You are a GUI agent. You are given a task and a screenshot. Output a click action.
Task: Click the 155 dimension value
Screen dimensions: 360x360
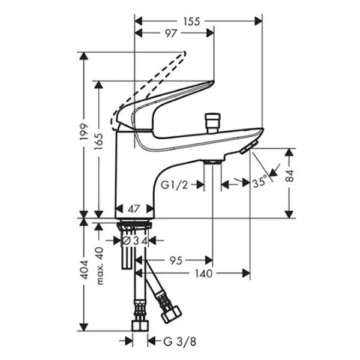coord(192,22)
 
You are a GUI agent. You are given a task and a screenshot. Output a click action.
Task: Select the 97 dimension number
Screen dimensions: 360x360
coord(170,34)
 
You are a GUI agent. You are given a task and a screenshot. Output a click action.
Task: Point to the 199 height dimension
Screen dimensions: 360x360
coord(84,133)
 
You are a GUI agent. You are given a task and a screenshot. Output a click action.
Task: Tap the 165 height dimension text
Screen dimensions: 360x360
coord(99,142)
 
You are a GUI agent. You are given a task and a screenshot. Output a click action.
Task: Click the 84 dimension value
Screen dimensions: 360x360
coord(290,176)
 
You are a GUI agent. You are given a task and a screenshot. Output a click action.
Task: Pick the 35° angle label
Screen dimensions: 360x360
coord(260,181)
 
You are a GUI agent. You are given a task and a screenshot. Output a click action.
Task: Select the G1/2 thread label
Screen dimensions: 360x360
coord(174,185)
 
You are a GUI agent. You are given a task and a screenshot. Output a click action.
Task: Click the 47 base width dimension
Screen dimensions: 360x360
coord(134,209)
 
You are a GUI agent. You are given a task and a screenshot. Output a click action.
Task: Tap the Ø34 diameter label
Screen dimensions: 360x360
coord(134,241)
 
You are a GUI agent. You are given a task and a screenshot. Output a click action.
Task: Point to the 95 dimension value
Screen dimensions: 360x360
coord(176,260)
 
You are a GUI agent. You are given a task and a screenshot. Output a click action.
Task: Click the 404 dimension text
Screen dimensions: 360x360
coord(84,270)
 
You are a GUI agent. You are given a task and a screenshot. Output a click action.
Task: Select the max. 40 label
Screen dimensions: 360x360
coord(100,266)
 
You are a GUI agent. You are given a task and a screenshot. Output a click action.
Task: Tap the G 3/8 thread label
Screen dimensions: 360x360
coord(180,341)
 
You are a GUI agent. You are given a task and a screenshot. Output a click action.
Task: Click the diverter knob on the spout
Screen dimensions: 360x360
coord(213,122)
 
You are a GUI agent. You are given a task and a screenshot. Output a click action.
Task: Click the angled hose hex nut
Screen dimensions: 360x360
coord(171,315)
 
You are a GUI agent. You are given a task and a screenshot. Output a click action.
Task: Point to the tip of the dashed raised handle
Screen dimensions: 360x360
coord(184,53)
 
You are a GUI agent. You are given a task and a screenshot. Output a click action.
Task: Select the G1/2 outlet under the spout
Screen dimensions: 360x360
coord(213,162)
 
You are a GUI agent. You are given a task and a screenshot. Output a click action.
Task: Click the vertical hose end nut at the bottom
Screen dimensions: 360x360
coord(140,326)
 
